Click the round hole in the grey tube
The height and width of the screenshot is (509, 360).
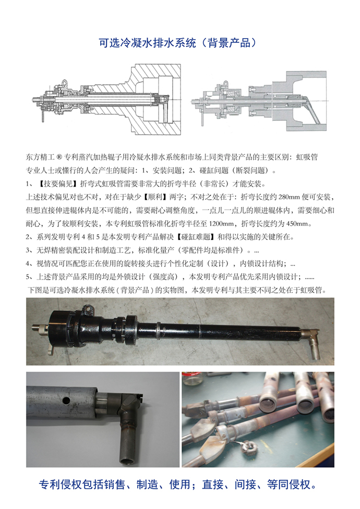pyautogui.click(x=66, y=401)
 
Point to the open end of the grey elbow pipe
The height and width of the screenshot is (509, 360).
pyautogui.click(x=127, y=460)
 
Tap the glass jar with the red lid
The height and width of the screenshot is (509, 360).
pyautogui.click(x=194, y=378)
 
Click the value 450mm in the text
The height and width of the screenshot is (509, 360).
pyautogui.click(x=298, y=224)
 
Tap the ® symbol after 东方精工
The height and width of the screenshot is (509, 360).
pyautogui.click(x=59, y=157)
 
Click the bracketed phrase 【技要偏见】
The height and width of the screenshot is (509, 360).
pyautogui.click(x=57, y=184)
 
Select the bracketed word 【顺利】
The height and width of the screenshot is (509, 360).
pyautogui.click(x=157, y=197)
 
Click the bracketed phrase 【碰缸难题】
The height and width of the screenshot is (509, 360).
pyautogui.click(x=196, y=237)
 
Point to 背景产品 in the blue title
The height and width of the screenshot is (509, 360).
pyautogui.click(x=229, y=43)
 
